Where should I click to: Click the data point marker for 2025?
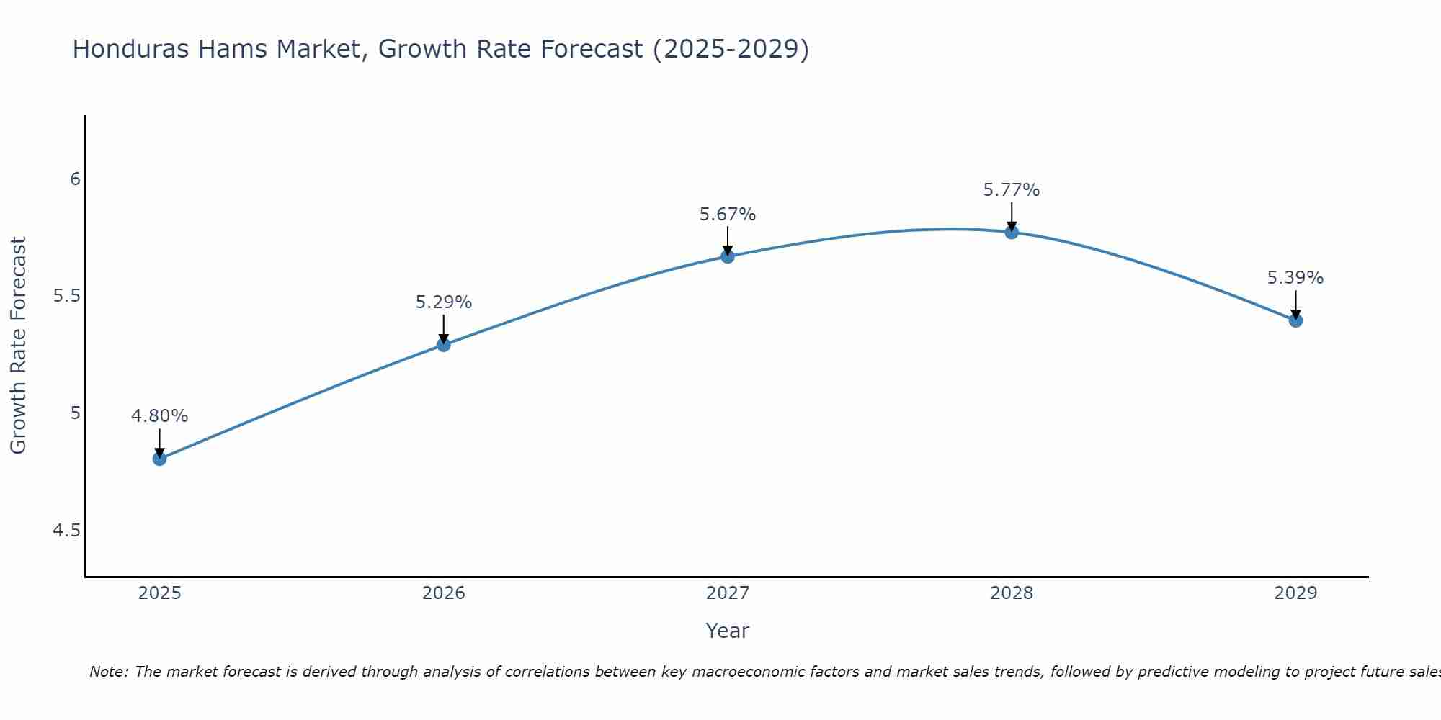(x=159, y=459)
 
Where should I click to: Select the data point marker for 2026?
(x=443, y=345)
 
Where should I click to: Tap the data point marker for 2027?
(x=728, y=256)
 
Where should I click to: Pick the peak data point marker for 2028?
(x=1012, y=232)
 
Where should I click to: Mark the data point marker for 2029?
(x=1295, y=320)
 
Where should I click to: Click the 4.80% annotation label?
(x=159, y=416)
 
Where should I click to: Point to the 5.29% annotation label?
(x=443, y=302)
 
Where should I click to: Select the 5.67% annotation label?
(x=728, y=215)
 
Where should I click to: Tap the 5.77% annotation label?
(x=1012, y=190)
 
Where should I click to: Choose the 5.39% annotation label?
(x=1295, y=278)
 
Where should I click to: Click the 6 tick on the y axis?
(x=75, y=179)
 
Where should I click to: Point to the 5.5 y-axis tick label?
(x=67, y=296)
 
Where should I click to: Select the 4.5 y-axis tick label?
(x=67, y=531)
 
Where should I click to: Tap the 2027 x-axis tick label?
(x=728, y=593)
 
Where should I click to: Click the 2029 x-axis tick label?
(x=1295, y=593)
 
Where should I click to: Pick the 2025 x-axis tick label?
(x=159, y=593)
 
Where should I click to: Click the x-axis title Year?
(x=728, y=631)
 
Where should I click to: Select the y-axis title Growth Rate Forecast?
(x=18, y=346)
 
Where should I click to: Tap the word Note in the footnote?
(x=108, y=672)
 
